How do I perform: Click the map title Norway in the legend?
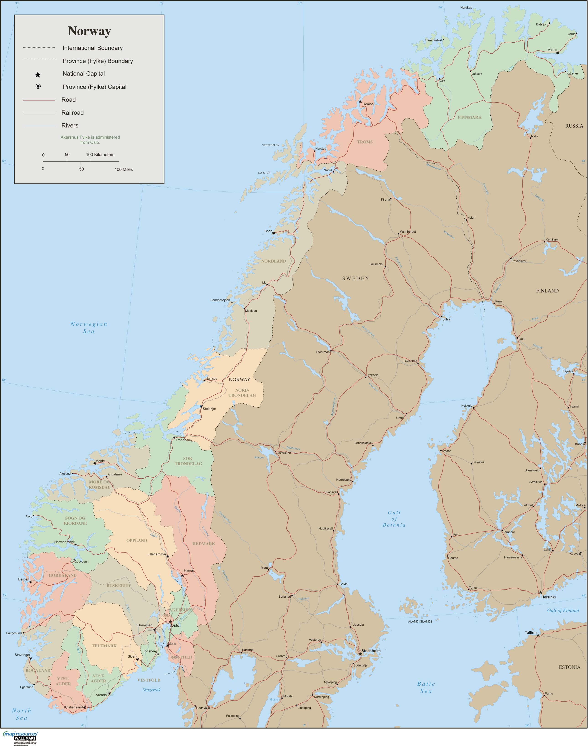89,31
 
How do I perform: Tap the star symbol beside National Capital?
38,74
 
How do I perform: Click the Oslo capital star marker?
170,622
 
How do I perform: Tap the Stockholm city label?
371,651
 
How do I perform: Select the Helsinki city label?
548,597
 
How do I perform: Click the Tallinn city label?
531,632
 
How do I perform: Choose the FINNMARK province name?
469,117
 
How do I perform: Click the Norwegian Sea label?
89,328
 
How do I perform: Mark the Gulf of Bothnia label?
394,519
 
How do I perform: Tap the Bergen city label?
23,579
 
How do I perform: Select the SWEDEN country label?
355,278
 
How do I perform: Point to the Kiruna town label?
385,199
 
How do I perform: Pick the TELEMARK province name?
104,646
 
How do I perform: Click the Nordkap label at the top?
466,8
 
